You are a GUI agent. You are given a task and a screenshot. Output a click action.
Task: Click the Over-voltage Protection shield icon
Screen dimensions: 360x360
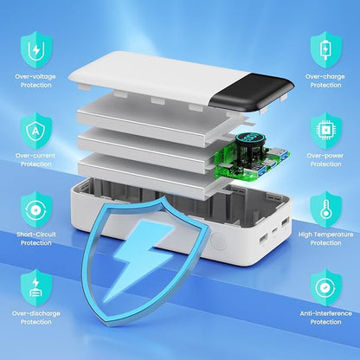pos(35,49)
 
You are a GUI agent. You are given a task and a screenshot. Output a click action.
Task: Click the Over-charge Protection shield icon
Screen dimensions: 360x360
pos(325,49)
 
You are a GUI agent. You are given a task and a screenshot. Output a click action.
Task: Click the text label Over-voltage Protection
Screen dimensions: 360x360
pos(35,80)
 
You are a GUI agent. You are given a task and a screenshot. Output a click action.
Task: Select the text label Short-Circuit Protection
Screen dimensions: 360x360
pos(35,238)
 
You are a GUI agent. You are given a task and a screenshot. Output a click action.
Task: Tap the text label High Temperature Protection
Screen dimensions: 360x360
pos(325,238)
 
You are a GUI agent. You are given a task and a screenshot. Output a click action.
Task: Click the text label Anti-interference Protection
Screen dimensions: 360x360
pos(325,318)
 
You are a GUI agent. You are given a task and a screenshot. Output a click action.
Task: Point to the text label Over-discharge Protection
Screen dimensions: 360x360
pos(35,318)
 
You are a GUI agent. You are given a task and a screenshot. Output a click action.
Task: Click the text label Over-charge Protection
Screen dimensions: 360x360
pos(325,80)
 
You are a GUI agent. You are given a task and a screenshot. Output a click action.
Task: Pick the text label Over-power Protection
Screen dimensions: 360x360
pos(325,159)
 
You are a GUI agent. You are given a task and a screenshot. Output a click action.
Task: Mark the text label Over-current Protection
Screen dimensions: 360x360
pos(35,159)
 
